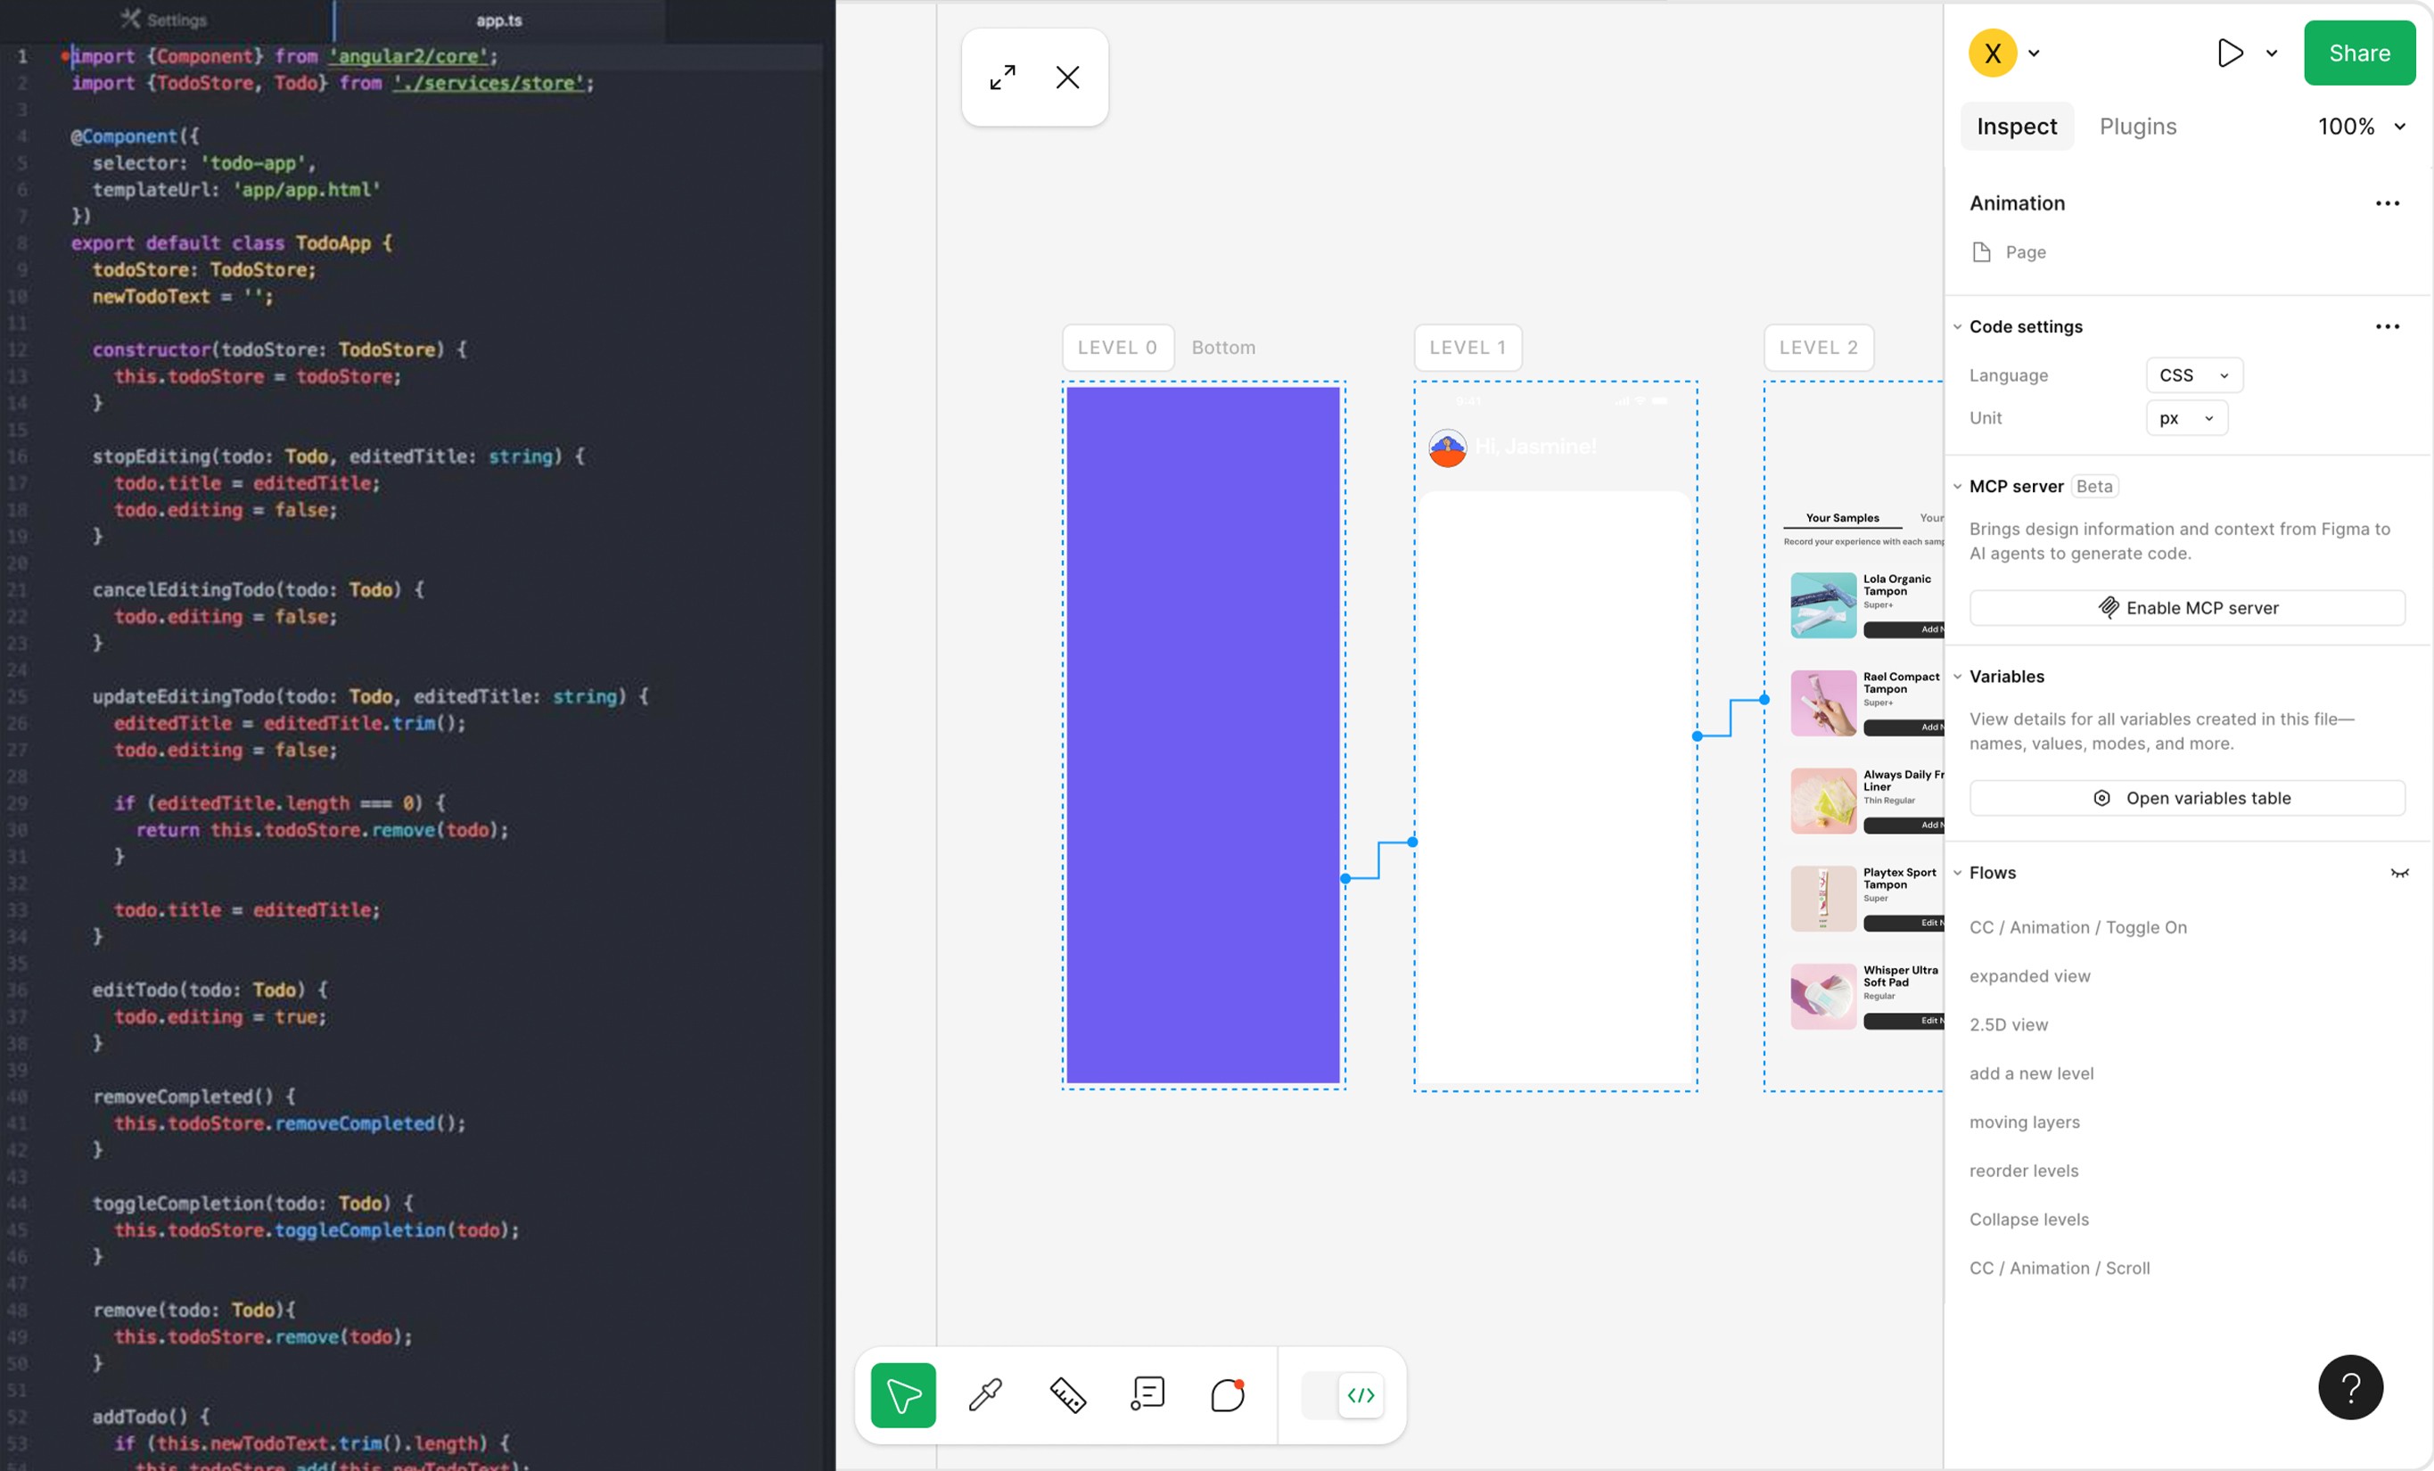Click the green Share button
click(2359, 53)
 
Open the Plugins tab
click(2138, 127)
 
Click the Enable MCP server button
click(2186, 607)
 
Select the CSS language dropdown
click(2193, 375)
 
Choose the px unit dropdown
click(2185, 418)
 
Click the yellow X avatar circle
click(1993, 53)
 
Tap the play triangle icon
click(2230, 53)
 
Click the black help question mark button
click(2350, 1387)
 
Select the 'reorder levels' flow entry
click(2023, 1171)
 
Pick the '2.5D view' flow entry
click(2008, 1024)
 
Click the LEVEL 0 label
click(1117, 348)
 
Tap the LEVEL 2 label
click(1818, 348)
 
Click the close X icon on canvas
click(1067, 77)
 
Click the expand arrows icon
click(1003, 77)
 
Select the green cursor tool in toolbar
click(903, 1395)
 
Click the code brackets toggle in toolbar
click(1361, 1395)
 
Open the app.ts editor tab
click(499, 21)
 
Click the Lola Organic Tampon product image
click(1822, 604)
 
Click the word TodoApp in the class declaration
click(333, 243)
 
